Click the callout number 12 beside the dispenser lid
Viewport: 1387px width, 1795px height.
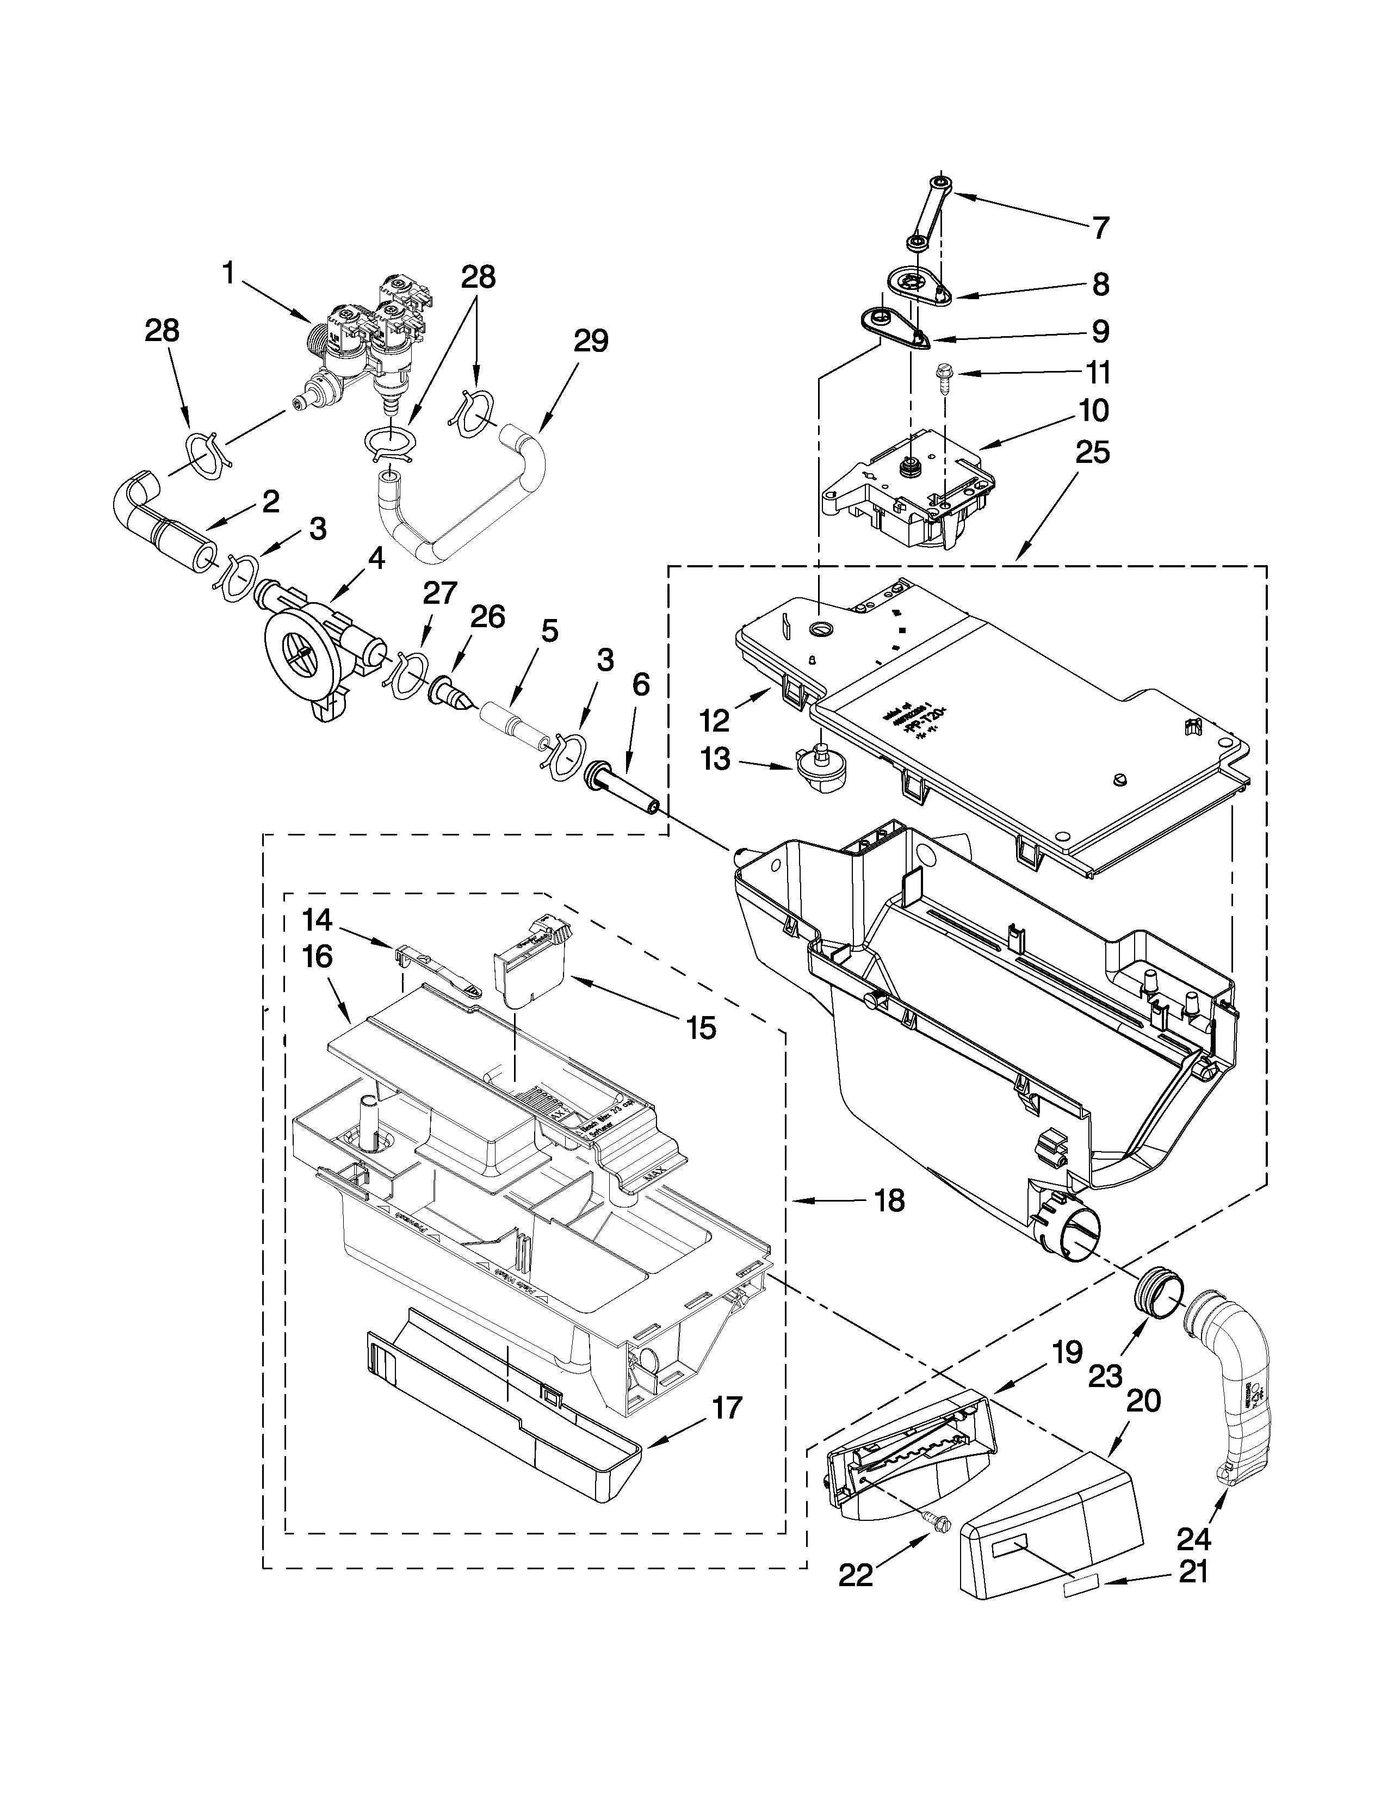714,721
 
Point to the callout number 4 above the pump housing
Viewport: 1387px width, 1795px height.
375,559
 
